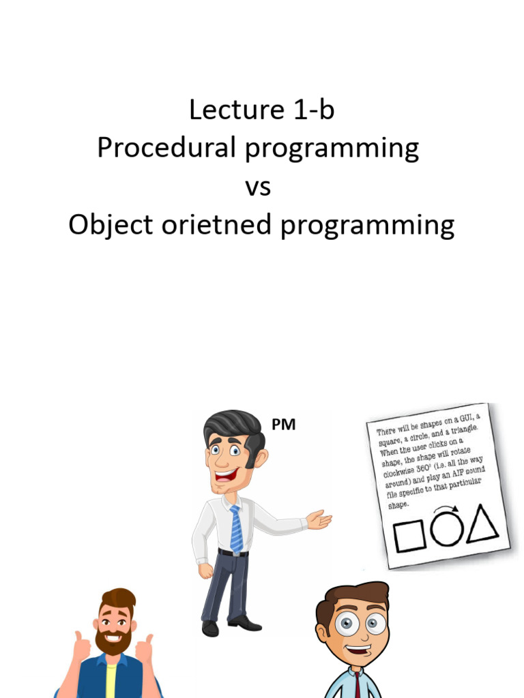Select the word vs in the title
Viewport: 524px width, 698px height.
point(258,187)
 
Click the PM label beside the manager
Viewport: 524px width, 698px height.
point(284,425)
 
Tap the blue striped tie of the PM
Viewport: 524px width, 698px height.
point(236,528)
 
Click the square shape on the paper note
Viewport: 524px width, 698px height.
point(409,536)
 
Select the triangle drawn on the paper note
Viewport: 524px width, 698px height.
point(482,525)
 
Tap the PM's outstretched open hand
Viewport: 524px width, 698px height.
point(319,519)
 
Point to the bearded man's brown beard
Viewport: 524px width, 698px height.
point(114,641)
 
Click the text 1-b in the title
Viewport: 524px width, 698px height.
point(311,110)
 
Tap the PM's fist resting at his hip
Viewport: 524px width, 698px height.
point(205,570)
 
